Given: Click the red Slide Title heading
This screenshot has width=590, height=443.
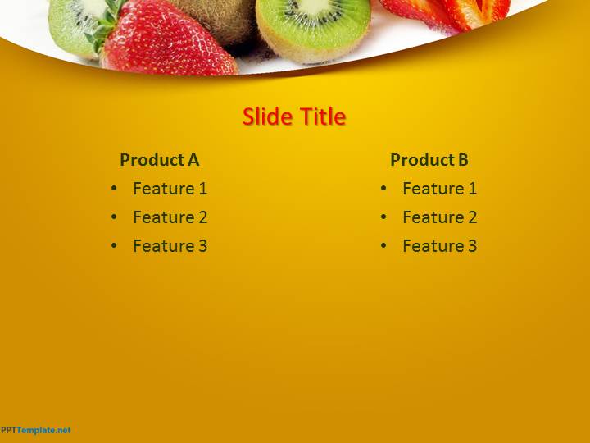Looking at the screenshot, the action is pos(294,116).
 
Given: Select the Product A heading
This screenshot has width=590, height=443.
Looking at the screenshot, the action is pos(160,160).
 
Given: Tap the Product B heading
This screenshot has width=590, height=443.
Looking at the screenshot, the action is pos(429,160).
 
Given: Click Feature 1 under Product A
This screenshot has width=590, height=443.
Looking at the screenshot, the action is pos(170,189).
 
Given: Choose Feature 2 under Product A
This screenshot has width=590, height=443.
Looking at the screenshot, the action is pos(170,217).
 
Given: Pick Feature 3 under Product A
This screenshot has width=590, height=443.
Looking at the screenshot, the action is pos(170,245).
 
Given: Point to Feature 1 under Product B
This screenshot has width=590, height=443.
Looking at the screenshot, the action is pos(439,189).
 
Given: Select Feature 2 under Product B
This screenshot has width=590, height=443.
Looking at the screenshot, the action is pos(439,217).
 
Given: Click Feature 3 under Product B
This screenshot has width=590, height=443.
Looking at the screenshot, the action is pos(439,245).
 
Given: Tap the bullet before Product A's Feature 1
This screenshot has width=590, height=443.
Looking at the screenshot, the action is pos(114,188).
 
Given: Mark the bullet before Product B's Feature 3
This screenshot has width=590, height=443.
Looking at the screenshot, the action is pos(383,245).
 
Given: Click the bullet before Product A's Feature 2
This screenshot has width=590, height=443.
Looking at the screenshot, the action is pos(114,217).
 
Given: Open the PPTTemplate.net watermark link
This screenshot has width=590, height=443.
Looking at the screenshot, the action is pos(35,430).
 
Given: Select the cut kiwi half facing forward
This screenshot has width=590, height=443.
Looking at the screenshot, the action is pos(313,27).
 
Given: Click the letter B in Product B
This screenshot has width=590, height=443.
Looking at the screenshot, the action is pos(463,160).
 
